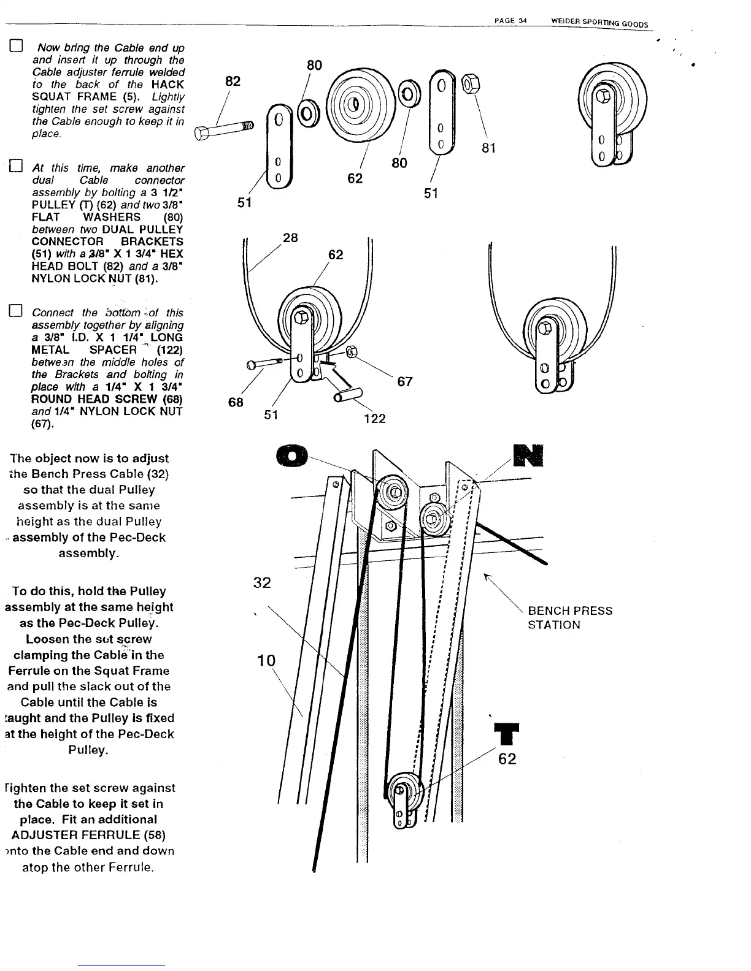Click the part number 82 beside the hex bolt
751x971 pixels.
(x=233, y=82)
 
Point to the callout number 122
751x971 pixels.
(x=374, y=419)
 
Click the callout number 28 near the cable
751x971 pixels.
(x=290, y=238)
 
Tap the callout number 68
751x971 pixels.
(x=236, y=402)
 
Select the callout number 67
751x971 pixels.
(x=405, y=382)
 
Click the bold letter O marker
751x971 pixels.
(x=290, y=457)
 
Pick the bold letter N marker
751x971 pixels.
(x=528, y=455)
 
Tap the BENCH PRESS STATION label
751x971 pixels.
(x=569, y=618)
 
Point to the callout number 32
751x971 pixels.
(x=262, y=582)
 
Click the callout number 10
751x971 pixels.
(x=266, y=660)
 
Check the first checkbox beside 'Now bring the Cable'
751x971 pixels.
(x=15, y=47)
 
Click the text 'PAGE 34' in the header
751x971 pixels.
(x=510, y=21)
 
